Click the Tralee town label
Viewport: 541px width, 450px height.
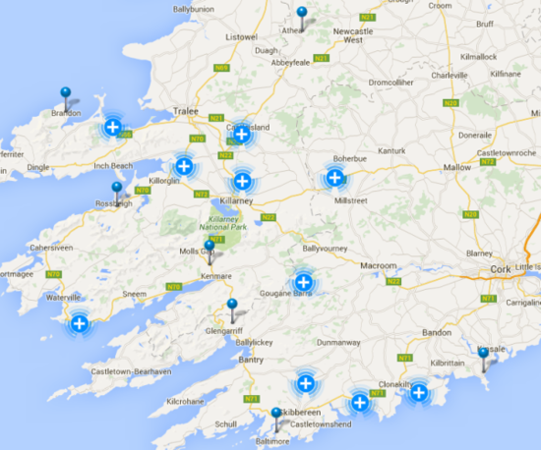(187, 111)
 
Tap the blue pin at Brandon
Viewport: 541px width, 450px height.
(66, 94)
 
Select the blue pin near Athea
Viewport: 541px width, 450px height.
(302, 14)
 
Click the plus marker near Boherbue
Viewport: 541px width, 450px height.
(334, 178)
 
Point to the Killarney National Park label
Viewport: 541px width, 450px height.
(227, 222)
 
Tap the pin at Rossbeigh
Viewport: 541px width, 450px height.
(117, 188)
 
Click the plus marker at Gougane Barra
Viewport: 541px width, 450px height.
(303, 281)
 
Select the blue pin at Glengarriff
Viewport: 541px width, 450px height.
(232, 306)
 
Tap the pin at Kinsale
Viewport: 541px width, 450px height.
(483, 352)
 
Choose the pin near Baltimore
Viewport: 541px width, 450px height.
(276, 415)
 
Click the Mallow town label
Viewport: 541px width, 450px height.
(456, 168)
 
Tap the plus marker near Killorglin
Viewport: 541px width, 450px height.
(183, 166)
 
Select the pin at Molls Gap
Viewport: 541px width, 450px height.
(209, 247)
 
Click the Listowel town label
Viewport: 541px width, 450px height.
(240, 37)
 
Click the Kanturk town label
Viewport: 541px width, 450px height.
(391, 151)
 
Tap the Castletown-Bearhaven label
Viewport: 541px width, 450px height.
(126, 373)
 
